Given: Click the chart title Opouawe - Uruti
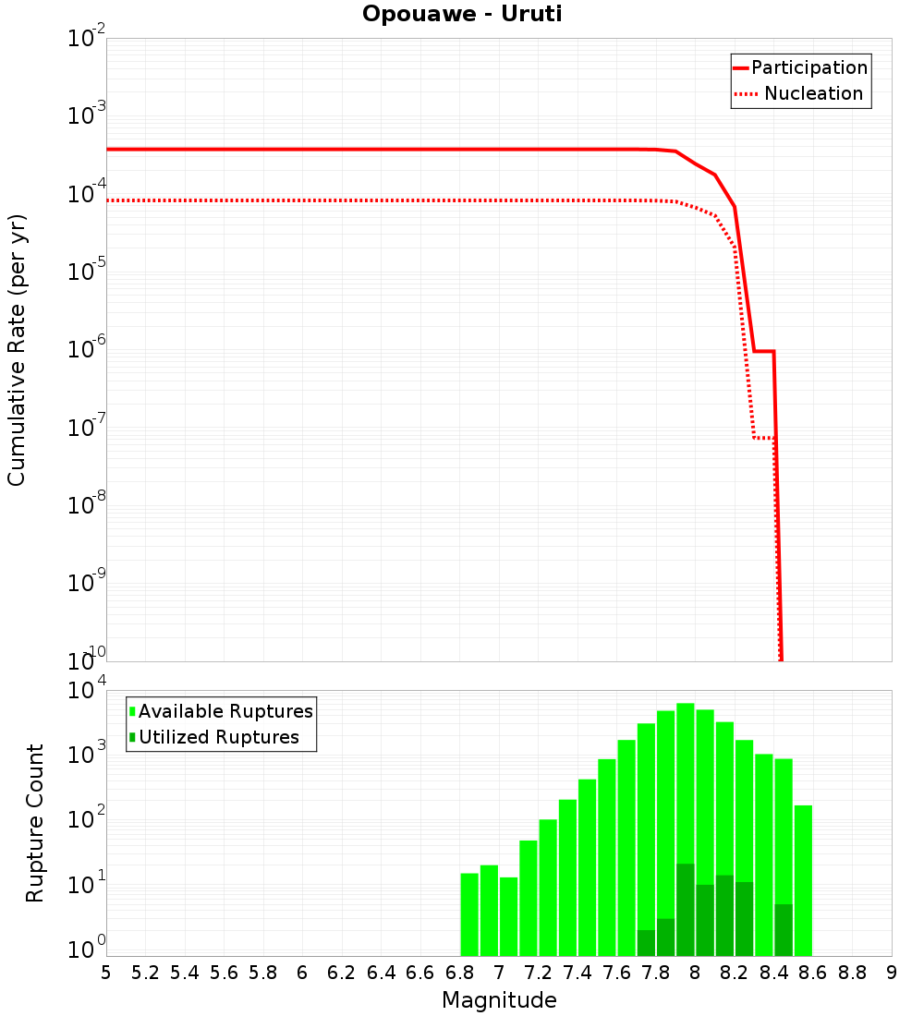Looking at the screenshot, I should pyautogui.click(x=462, y=14).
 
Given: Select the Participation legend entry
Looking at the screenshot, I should pyautogui.click(x=808, y=67).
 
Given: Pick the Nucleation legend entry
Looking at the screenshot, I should pyautogui.click(x=813, y=93).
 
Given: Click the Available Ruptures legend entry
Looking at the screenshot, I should pyautogui.click(x=225, y=711).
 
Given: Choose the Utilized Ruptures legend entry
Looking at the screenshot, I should pyautogui.click(x=218, y=737).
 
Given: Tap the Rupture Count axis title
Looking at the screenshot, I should pyautogui.click(x=35, y=823).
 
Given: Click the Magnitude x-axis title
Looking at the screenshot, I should pyautogui.click(x=499, y=999).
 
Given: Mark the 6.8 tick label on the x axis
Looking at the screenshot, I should pyautogui.click(x=460, y=973).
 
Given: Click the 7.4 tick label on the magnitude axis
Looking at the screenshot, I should pyautogui.click(x=577, y=973).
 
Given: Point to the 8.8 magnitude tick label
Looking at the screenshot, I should pyautogui.click(x=852, y=973).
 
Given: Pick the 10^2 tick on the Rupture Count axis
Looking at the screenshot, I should pyautogui.click(x=89, y=820).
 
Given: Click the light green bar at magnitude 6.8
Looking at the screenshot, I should pyautogui.click(x=469, y=914).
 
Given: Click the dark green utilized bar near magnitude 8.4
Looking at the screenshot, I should pyautogui.click(x=784, y=930).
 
